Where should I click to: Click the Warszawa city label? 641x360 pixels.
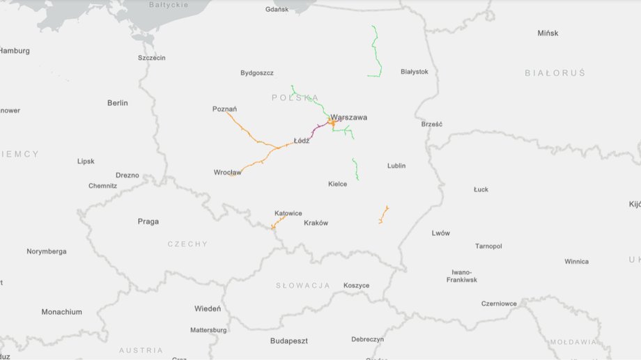[x=348, y=117]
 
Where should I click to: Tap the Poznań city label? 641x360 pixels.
[x=224, y=109]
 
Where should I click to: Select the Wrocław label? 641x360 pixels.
[x=227, y=172]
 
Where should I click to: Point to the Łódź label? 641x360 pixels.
[x=301, y=141]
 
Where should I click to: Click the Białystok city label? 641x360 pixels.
[x=415, y=72]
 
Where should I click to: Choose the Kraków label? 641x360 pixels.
[x=316, y=223]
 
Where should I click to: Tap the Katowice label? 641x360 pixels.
[x=288, y=213]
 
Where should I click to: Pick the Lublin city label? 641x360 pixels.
[x=396, y=166]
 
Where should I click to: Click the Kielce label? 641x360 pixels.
[x=337, y=184]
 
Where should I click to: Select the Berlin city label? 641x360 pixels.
[x=118, y=103]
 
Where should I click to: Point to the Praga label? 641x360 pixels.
[x=148, y=221]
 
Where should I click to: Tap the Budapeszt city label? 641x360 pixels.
[x=288, y=341]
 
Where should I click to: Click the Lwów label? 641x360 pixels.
[x=440, y=233]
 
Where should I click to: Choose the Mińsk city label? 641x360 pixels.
[x=548, y=33]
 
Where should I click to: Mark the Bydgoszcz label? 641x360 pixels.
[x=257, y=72]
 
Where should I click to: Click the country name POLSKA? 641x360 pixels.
[x=295, y=98]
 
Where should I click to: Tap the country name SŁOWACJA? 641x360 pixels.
[x=302, y=285]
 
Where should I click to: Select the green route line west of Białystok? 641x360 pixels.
[x=376, y=52]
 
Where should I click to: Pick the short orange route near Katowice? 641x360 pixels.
[x=278, y=222]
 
